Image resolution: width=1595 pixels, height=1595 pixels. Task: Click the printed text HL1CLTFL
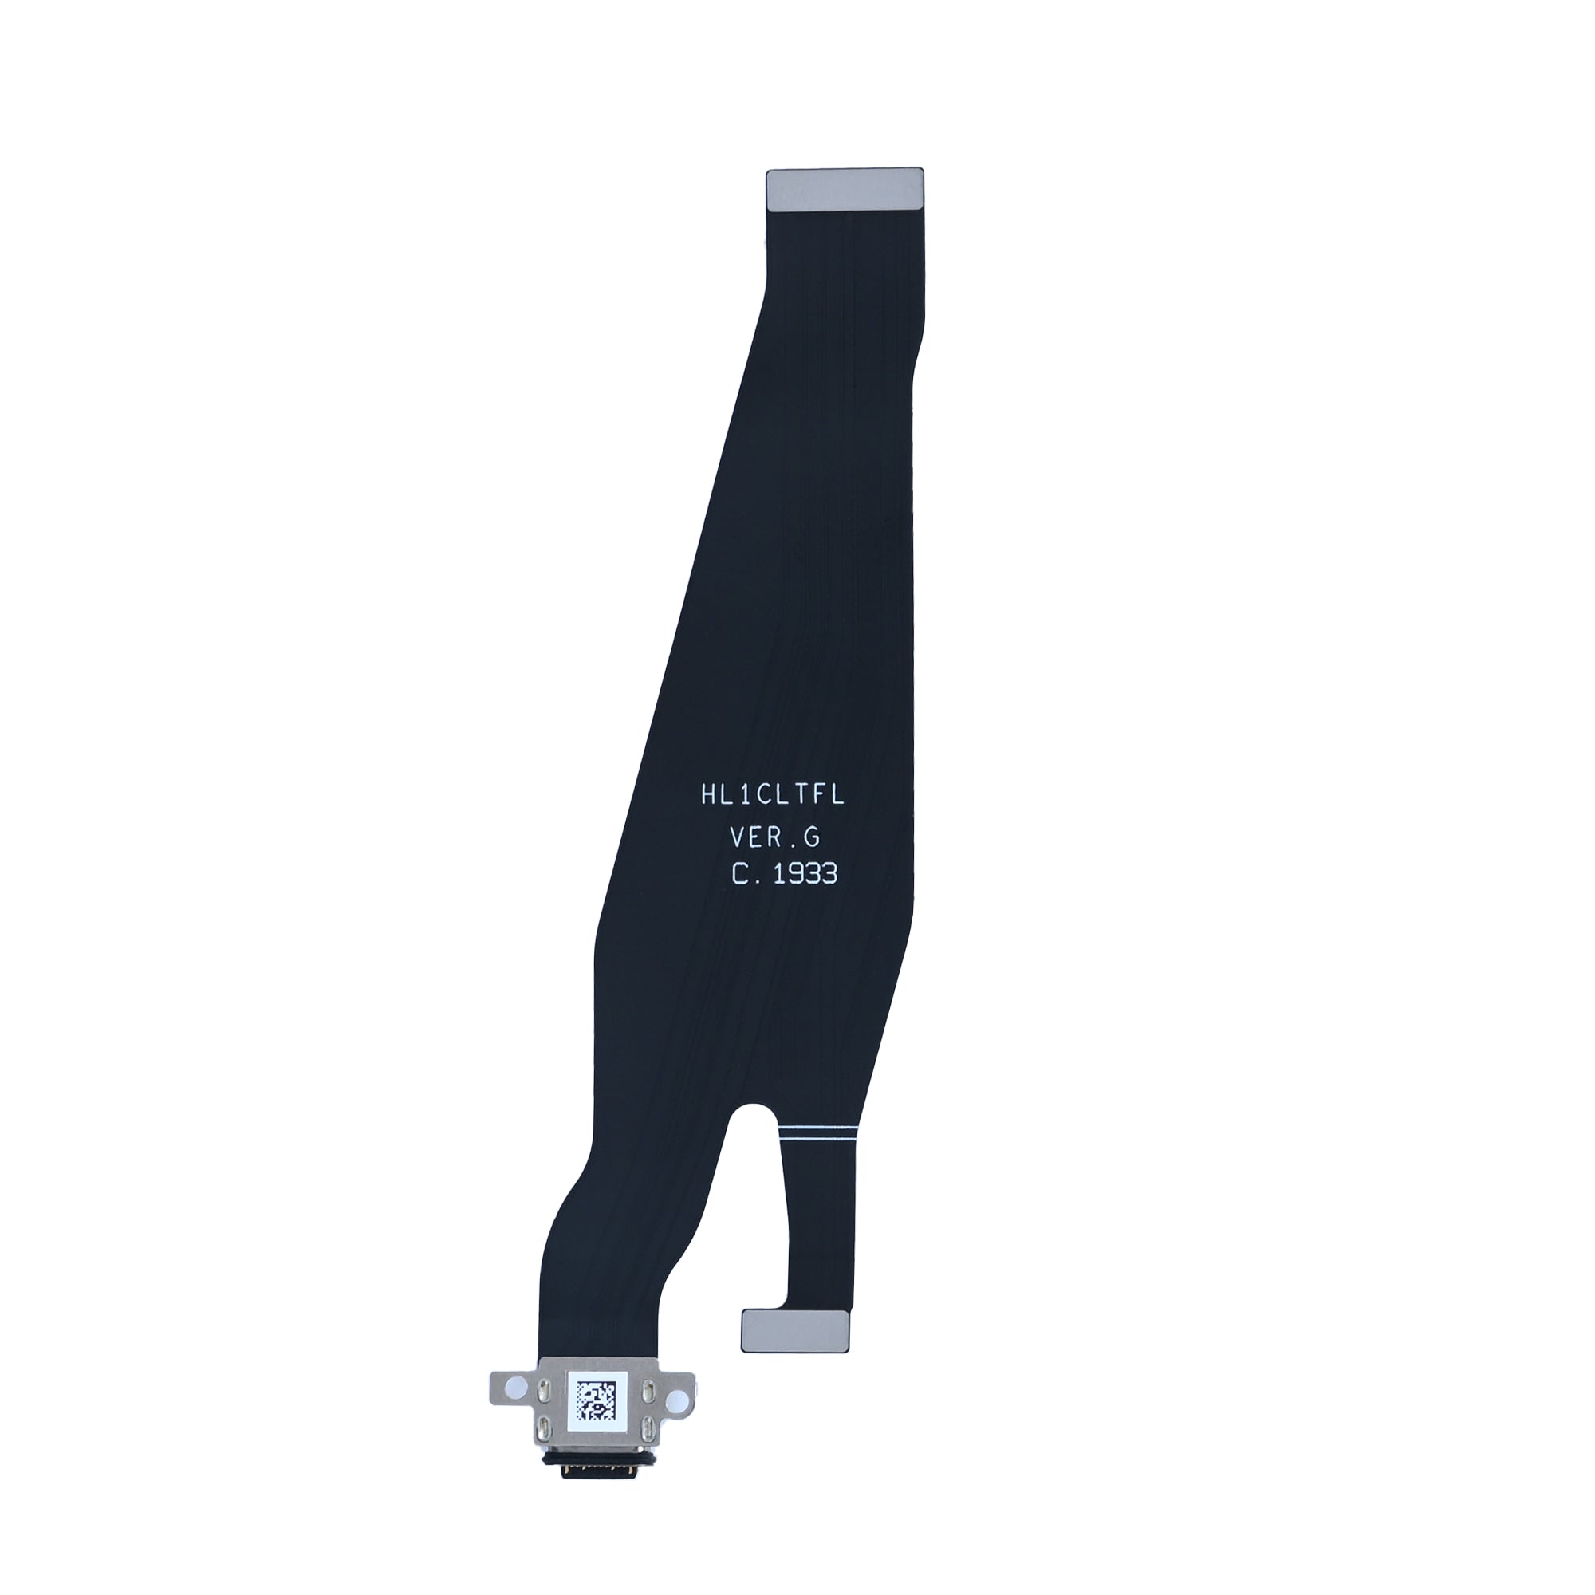point(771,796)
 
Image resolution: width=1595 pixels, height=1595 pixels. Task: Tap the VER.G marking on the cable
point(774,837)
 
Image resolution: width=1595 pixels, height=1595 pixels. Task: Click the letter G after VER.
point(812,837)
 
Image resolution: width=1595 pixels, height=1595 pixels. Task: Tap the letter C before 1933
point(741,874)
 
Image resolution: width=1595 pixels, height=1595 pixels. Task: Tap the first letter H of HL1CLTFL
point(708,796)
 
